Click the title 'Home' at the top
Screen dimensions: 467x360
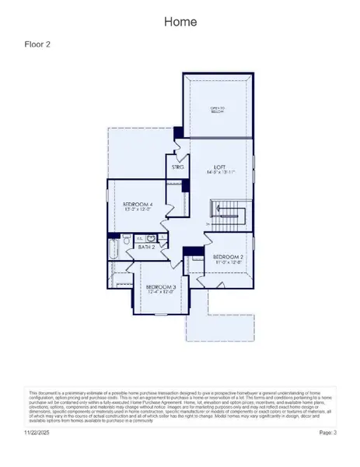pos(180,23)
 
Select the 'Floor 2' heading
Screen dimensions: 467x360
pos(38,44)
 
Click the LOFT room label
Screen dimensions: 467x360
pos(220,166)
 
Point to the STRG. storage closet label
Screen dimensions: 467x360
pos(177,167)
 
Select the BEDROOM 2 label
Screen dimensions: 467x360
pos(229,256)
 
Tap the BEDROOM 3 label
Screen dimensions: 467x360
pos(162,287)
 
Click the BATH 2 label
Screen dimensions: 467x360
pos(147,247)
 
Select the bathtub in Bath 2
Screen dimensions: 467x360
pos(114,249)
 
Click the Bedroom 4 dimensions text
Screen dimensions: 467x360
pos(136,210)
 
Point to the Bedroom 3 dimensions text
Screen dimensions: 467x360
pos(162,293)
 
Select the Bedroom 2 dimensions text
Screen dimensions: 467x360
pos(229,262)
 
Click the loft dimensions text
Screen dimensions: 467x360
pos(220,172)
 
